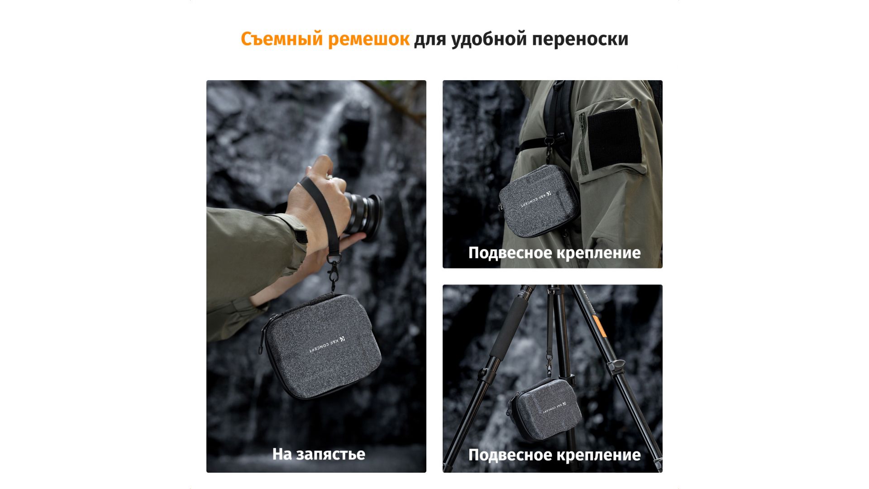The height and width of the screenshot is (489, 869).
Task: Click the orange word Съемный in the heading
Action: point(282,39)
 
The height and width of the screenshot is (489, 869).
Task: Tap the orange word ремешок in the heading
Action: point(368,39)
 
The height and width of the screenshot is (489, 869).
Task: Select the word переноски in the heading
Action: point(580,39)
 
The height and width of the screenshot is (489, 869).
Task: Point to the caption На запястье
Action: point(319,454)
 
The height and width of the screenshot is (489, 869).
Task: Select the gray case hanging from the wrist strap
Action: point(320,347)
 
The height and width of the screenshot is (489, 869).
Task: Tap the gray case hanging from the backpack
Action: point(539,201)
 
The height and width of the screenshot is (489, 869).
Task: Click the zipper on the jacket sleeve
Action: point(583,144)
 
